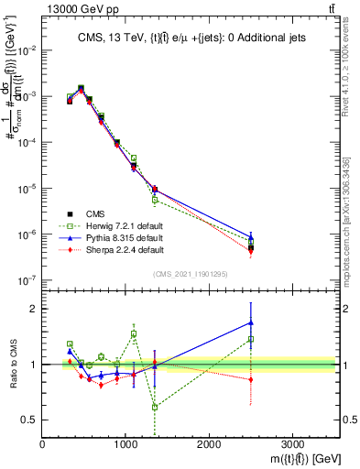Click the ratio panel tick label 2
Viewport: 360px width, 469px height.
tap(34, 309)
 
